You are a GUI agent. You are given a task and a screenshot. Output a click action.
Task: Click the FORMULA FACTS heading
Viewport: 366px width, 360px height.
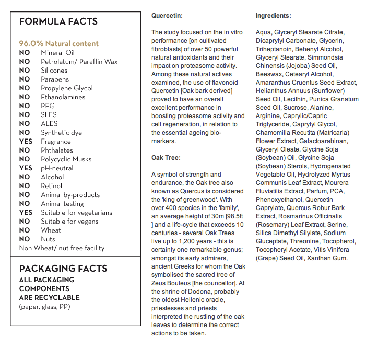58,21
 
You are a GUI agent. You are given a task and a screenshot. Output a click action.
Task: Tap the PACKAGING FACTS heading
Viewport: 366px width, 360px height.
63,269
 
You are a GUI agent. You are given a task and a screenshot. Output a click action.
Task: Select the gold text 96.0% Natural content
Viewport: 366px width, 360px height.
58,43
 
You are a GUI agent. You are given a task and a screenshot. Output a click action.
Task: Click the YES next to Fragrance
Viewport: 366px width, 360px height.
26,141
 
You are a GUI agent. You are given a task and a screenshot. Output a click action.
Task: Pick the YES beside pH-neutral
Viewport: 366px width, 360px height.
26,168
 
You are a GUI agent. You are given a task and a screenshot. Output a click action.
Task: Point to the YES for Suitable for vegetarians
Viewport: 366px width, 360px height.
26,212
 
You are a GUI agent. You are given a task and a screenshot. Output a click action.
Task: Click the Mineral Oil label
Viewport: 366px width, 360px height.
58,52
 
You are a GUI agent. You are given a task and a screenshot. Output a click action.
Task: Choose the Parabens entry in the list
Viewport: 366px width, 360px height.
55,79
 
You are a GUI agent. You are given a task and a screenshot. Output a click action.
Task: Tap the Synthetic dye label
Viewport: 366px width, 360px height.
61,132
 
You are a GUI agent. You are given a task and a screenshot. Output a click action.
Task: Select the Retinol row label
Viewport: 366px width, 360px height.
52,185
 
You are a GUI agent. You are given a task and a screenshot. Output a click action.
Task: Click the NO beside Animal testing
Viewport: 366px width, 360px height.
24,203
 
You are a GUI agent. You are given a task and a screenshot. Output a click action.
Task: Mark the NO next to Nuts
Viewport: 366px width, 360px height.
24,239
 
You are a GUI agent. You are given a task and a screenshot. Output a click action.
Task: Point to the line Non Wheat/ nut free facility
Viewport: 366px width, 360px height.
62,248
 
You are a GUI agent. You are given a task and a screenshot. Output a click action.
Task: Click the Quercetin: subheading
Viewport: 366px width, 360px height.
167,16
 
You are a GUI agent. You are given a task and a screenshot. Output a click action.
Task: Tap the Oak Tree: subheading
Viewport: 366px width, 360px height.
166,157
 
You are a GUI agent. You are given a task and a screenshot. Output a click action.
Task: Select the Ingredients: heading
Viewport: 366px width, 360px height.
274,16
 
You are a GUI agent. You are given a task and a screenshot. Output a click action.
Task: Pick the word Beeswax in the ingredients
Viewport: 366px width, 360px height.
268,74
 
